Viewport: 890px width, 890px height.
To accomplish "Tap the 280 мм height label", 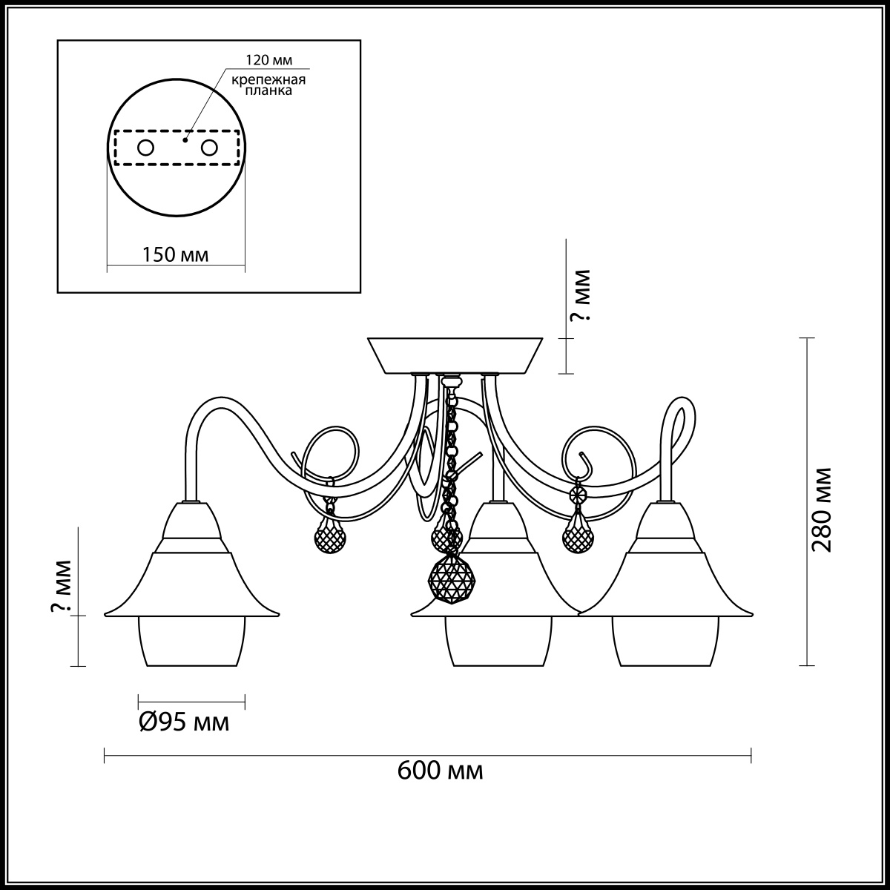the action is (x=822, y=510).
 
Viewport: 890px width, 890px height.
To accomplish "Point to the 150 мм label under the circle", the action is (x=175, y=254).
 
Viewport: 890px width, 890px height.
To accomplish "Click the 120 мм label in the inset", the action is (x=268, y=60).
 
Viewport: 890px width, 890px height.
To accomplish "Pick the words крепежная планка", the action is (x=268, y=85).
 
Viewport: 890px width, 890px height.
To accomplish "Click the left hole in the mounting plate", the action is (x=145, y=148).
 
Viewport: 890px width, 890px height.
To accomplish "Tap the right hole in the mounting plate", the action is (x=208, y=148).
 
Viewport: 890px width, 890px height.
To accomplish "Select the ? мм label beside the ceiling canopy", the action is (x=580, y=295).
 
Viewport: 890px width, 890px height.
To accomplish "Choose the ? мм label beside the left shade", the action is (x=61, y=586).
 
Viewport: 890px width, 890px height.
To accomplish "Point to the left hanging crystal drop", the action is (x=330, y=538).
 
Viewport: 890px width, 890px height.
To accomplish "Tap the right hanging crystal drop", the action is (x=578, y=537).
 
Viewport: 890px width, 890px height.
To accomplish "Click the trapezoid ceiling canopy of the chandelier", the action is (x=455, y=355).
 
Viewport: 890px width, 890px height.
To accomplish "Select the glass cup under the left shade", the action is (x=191, y=641).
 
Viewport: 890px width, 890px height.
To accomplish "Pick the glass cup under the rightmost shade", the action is (x=665, y=641).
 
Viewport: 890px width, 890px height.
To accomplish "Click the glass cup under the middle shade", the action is (x=498, y=641).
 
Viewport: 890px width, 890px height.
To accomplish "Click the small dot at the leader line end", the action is (x=185, y=139).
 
